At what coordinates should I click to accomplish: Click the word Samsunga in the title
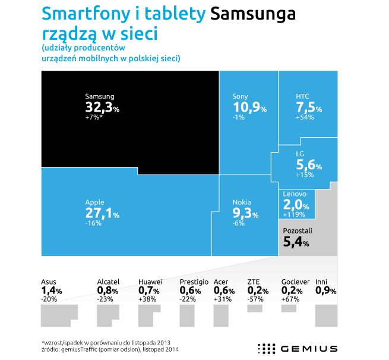pyautogui.click(x=254, y=14)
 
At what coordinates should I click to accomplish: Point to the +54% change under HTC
pyautogui.click(x=304, y=118)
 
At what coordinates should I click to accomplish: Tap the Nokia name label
pyautogui.click(x=242, y=202)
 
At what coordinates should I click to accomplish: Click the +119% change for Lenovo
pyautogui.click(x=294, y=214)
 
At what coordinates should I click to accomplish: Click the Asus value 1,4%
pyautogui.click(x=52, y=290)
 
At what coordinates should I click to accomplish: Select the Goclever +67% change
pyautogui.click(x=290, y=299)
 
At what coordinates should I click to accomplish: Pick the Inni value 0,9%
pyautogui.click(x=326, y=290)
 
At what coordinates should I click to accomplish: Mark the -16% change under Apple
pyautogui.click(x=93, y=223)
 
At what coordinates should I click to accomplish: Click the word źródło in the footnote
pyautogui.click(x=52, y=349)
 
